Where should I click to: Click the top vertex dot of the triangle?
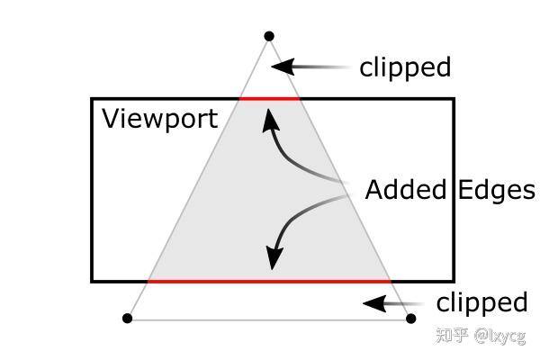pyautogui.click(x=269, y=36)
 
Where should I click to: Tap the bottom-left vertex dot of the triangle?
pyautogui.click(x=128, y=319)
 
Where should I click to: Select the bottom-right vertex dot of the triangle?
pyautogui.click(x=411, y=319)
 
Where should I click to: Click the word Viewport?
pyautogui.click(x=160, y=119)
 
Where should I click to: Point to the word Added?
pyautogui.click(x=406, y=190)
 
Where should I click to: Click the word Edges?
pyautogui.click(x=497, y=191)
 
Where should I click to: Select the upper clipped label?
pyautogui.click(x=405, y=67)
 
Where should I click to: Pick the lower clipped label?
pyautogui.click(x=481, y=303)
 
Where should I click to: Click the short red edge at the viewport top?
pyautogui.click(x=270, y=99)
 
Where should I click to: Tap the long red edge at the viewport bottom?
pyautogui.click(x=269, y=282)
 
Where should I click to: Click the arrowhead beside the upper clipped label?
pyautogui.click(x=283, y=67)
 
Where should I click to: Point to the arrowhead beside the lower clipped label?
pyautogui.click(x=374, y=303)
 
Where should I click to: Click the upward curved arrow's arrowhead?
pyautogui.click(x=270, y=121)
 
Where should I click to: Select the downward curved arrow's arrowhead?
pyautogui.click(x=274, y=257)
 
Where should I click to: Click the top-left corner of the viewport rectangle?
pyautogui.click(x=92, y=99)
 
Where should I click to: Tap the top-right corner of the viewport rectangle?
pyautogui.click(x=454, y=99)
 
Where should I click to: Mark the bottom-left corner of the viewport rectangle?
pyautogui.click(x=92, y=282)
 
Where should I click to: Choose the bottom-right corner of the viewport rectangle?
pyautogui.click(x=454, y=282)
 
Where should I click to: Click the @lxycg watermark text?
pyautogui.click(x=499, y=336)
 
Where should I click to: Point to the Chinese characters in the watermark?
pyautogui.click(x=452, y=335)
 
